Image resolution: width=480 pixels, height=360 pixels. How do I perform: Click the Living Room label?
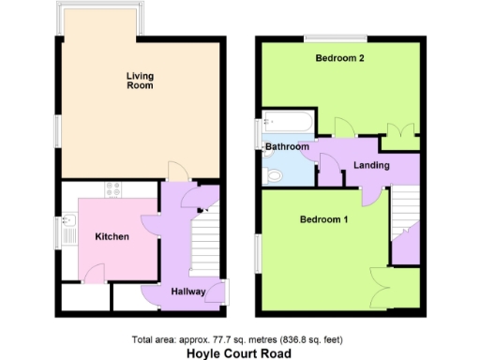(x=141, y=80)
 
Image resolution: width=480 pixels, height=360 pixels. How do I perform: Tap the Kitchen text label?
(x=112, y=236)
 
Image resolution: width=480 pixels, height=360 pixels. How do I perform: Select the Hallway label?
(x=187, y=292)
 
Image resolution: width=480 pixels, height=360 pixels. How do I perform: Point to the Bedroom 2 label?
(x=339, y=58)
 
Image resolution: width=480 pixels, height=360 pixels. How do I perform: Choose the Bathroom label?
(x=286, y=147)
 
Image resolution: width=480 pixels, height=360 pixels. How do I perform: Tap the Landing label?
(x=371, y=166)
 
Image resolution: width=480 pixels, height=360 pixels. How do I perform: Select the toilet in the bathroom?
(x=276, y=174)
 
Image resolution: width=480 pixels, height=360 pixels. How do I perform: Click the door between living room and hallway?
(x=177, y=171)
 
